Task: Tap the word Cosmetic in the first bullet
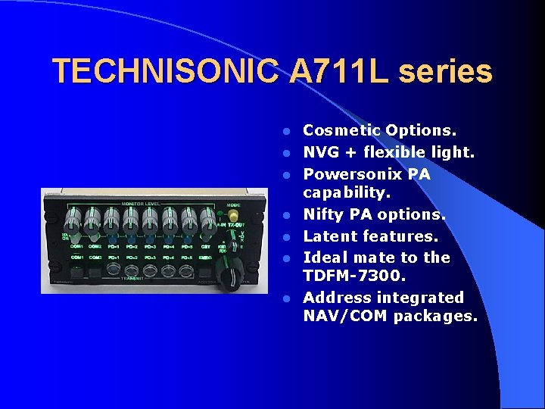(341, 131)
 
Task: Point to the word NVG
(319, 152)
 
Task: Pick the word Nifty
(325, 215)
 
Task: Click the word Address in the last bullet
(336, 297)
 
